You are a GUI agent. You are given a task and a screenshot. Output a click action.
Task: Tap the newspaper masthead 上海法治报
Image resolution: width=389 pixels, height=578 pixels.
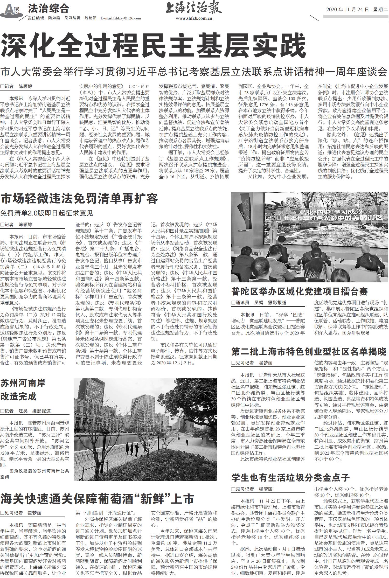pyautogui.click(x=194, y=8)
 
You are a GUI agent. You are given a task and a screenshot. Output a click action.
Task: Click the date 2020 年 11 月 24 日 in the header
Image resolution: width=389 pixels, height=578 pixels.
pyautogui.click(x=347, y=10)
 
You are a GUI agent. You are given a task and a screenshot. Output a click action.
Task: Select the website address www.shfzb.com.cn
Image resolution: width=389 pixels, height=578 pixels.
pyautogui.click(x=194, y=18)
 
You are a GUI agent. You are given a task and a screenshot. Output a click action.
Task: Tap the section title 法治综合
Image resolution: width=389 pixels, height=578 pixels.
pyautogui.click(x=48, y=9)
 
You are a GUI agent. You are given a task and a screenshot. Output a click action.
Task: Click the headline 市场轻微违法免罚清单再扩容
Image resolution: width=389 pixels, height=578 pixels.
pyautogui.click(x=79, y=199)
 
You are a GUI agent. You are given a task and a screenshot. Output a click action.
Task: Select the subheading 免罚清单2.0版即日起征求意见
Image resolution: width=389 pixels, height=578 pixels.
pyautogui.click(x=47, y=213)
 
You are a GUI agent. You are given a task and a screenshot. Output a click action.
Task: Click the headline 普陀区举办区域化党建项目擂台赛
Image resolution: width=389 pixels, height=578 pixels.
pyautogui.click(x=300, y=292)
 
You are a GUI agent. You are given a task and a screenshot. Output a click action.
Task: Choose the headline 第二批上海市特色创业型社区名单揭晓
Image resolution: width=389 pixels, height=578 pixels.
pyautogui.click(x=309, y=352)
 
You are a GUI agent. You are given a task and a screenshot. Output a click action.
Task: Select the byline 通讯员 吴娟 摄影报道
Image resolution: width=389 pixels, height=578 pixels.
pyautogui.click(x=259, y=303)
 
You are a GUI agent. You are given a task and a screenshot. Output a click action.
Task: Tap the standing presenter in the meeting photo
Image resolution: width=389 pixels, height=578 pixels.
pyautogui.click(x=273, y=232)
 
